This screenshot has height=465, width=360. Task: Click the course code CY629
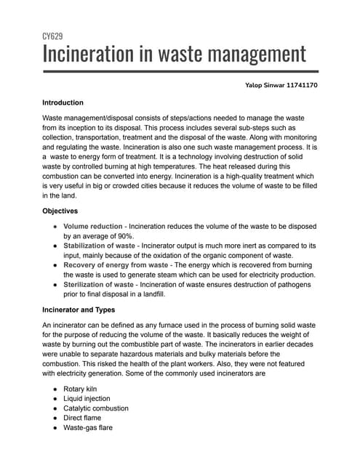tap(52, 36)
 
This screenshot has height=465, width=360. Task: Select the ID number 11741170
tap(303, 86)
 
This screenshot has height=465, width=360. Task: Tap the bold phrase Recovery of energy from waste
tap(119, 266)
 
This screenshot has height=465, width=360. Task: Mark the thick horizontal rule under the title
tap(180, 71)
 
